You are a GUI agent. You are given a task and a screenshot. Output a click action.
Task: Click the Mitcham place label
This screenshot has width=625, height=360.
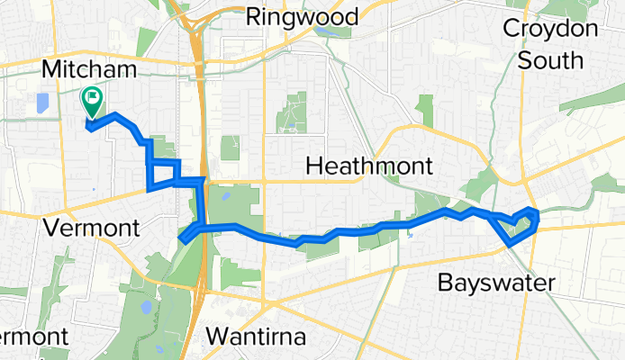click(89, 69)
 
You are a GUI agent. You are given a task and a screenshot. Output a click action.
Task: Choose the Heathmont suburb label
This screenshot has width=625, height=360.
click(370, 166)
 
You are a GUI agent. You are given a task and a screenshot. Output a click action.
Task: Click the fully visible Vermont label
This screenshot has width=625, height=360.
click(92, 228)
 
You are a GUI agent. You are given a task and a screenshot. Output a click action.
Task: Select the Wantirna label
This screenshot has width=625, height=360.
click(258, 337)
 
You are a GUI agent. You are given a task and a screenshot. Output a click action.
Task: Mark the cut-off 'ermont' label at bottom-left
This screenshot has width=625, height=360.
click(32, 337)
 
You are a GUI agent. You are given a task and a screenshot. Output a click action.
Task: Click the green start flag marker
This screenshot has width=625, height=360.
click(92, 99)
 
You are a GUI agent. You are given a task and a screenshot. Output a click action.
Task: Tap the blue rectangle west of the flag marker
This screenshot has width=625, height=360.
click(42, 103)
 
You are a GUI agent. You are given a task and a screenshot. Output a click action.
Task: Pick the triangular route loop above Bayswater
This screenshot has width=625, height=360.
click(519, 225)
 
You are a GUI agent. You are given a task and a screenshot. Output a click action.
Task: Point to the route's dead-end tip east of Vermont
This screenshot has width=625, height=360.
click(183, 239)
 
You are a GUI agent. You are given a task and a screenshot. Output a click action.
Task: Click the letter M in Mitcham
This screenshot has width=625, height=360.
click(52, 69)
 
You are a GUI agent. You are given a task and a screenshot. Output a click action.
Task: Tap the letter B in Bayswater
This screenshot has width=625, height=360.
click(445, 283)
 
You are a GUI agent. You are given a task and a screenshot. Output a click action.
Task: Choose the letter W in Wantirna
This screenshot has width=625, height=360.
click(217, 337)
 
